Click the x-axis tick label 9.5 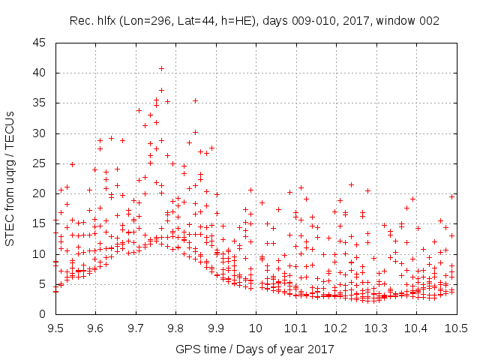tap(55, 328)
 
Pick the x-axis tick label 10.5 tap(456, 328)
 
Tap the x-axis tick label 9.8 tap(175, 328)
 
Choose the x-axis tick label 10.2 tap(336, 328)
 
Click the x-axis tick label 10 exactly tap(256, 328)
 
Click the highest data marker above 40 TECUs tap(161, 69)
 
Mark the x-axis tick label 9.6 tap(95, 328)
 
